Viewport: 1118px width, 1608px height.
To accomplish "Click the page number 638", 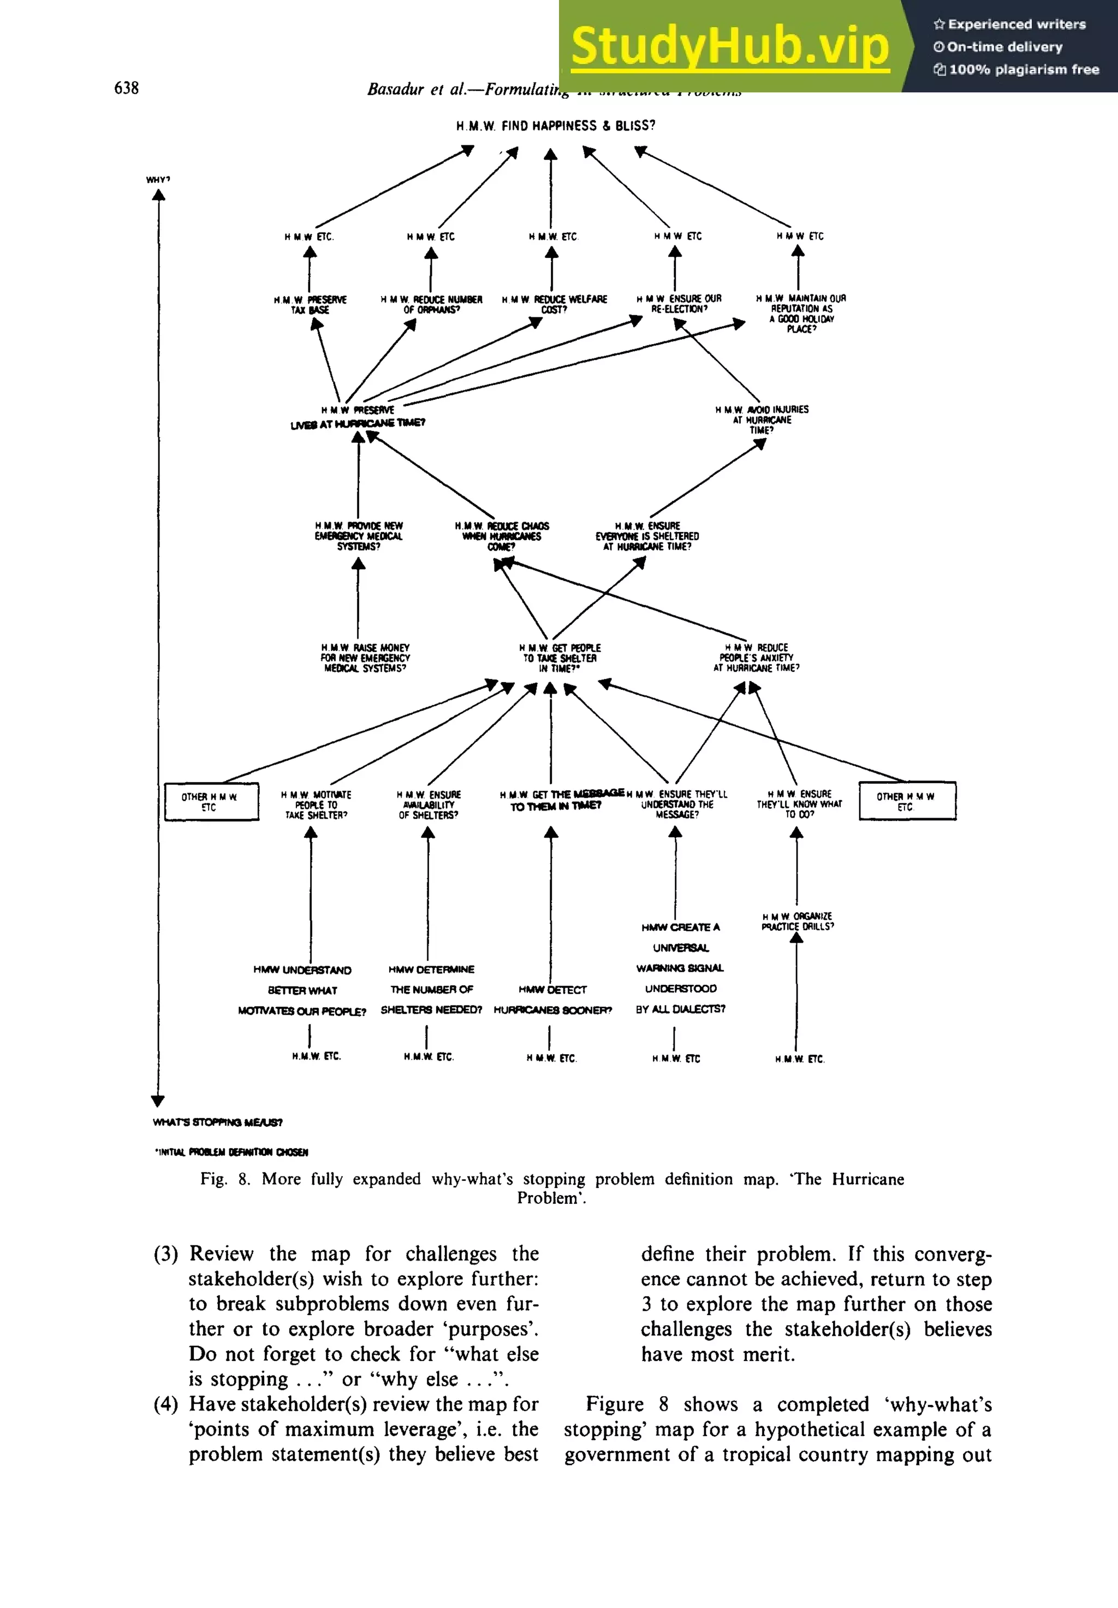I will click(126, 87).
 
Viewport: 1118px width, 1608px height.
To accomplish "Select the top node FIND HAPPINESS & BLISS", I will click(556, 126).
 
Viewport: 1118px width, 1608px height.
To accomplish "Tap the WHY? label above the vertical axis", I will click(158, 180).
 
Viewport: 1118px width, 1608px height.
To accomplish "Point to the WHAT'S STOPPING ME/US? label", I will click(218, 1122).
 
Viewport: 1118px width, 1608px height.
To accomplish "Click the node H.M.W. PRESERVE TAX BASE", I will click(310, 305).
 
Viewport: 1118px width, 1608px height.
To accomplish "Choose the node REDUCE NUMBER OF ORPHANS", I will click(431, 305).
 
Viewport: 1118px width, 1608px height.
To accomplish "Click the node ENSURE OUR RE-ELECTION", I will click(679, 303).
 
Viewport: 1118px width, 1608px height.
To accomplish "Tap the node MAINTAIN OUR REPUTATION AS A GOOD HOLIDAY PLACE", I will click(801, 313).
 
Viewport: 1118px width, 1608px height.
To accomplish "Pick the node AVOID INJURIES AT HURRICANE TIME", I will click(762, 419).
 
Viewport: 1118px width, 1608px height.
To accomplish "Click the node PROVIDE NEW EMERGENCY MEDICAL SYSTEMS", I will click(359, 536).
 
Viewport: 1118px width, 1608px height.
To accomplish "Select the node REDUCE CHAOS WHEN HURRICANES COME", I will click(501, 536).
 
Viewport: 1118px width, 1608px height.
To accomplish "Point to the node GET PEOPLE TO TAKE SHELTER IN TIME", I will click(560, 658).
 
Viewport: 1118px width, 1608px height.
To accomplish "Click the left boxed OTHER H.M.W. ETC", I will click(211, 802).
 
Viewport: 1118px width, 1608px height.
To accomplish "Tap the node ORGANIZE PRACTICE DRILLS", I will click(798, 921).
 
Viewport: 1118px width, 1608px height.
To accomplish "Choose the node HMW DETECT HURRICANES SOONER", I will click(552, 1000).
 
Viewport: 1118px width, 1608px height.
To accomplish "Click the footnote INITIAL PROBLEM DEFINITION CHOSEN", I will click(231, 1152).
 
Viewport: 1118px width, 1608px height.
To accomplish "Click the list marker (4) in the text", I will click(166, 1404).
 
